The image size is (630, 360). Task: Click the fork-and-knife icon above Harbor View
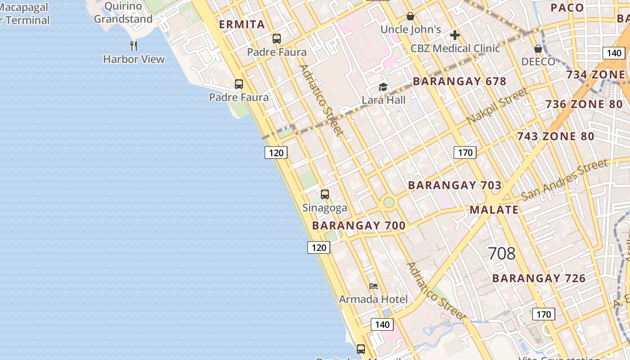(133, 45)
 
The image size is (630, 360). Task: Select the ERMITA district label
(242, 25)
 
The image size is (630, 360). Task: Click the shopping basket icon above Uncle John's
(410, 17)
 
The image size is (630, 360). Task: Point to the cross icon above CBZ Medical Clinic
(454, 35)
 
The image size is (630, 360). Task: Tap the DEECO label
(538, 62)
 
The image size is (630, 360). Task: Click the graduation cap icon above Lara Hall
(383, 87)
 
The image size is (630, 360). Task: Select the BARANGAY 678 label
(459, 81)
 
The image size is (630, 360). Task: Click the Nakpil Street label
(497, 106)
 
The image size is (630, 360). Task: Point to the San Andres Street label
(564, 180)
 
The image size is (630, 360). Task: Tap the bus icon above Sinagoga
(324, 194)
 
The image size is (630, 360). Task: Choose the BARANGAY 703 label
(454, 185)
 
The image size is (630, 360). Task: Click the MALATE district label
(494, 210)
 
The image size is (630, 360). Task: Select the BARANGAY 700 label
(359, 225)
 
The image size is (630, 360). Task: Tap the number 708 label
(501, 254)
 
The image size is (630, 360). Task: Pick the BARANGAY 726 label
(539, 278)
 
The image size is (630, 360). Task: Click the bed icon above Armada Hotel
(373, 286)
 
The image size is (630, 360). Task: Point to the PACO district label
(567, 8)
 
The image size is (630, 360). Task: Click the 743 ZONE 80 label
(555, 136)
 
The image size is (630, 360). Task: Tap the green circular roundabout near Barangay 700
(388, 202)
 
